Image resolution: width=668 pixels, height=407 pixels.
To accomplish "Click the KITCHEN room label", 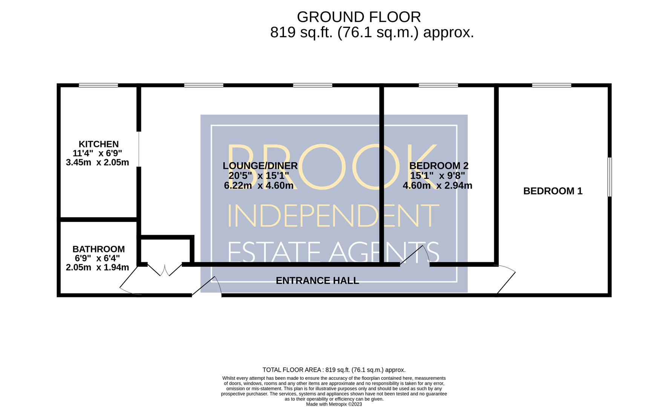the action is point(98,144).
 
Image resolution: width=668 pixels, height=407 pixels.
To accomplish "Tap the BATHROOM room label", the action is point(98,249).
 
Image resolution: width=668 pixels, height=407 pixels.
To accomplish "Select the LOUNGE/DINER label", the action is point(260,165).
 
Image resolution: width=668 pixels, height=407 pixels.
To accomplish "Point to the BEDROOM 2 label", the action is point(439,165).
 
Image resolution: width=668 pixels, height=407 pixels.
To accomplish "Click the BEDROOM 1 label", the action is point(553,191).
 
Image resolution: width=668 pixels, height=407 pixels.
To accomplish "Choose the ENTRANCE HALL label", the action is point(317,280).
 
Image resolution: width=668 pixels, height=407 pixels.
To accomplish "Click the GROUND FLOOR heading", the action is point(359,17).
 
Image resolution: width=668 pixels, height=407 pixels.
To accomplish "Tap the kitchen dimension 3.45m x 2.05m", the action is point(97,162).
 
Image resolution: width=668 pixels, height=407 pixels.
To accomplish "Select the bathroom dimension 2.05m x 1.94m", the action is point(97,268).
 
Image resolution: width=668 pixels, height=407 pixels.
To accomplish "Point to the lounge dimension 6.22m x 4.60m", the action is point(259,185).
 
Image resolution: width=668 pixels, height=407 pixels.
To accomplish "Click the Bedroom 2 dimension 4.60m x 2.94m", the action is point(437,185).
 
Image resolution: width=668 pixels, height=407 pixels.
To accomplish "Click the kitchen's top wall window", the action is point(98,86).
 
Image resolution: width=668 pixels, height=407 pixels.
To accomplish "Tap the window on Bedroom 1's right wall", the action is point(610,177).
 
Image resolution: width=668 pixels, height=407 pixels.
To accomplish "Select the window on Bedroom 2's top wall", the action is point(438,86).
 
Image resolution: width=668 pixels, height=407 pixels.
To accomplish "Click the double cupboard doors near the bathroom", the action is point(165,270).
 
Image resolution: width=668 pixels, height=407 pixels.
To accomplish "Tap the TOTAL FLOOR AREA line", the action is point(334,370).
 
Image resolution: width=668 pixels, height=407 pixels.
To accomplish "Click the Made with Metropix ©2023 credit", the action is point(334,404).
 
